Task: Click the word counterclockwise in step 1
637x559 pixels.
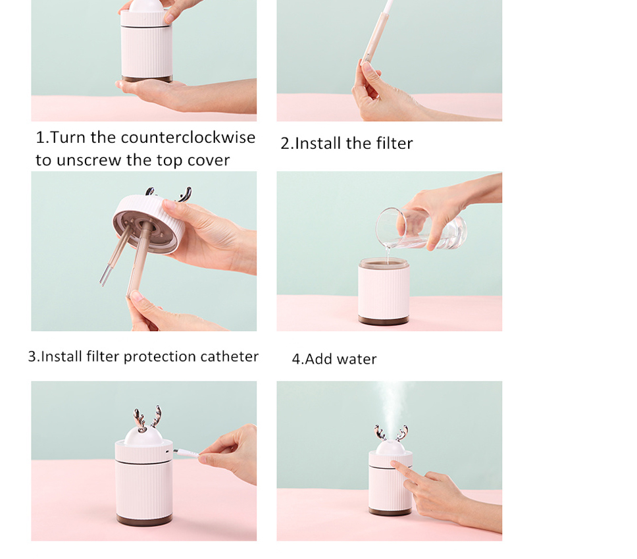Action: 188,138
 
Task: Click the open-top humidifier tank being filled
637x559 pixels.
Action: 384,290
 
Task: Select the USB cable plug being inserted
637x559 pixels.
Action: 186,453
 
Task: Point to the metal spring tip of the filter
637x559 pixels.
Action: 105,275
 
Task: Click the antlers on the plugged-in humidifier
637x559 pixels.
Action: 147,418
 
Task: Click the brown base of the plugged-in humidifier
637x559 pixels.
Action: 144,519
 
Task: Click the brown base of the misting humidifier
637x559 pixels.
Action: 390,512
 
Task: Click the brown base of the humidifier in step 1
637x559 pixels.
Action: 147,78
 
